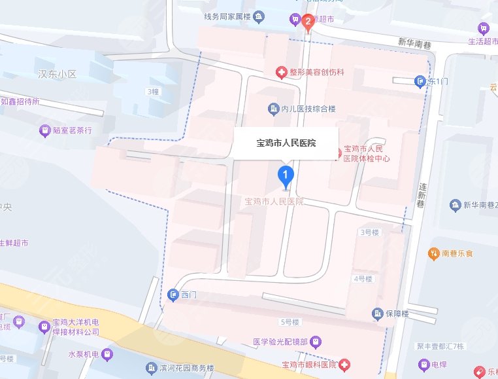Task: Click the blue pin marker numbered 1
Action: coord(285,175)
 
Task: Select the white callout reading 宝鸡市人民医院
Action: coord(286,143)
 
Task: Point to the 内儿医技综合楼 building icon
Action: coord(273,108)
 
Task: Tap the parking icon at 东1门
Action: coord(420,81)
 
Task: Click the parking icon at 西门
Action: coord(173,295)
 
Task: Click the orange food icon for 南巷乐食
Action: coord(433,253)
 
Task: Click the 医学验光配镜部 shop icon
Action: coord(316,341)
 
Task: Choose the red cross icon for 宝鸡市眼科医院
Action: coord(344,364)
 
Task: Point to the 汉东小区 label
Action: coord(58,74)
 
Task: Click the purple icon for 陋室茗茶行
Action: coord(44,130)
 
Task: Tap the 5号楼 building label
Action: coord(288,322)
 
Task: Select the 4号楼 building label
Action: coord(362,279)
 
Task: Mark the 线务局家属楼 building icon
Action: coord(259,16)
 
